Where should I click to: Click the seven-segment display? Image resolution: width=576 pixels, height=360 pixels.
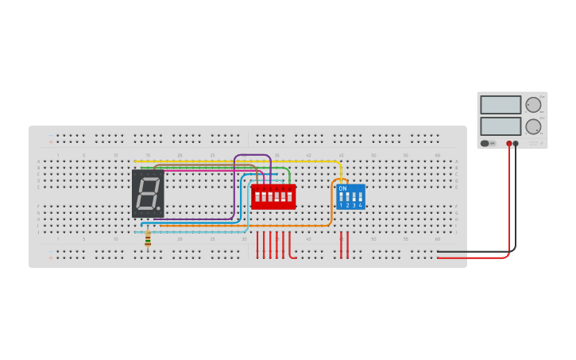[148, 193]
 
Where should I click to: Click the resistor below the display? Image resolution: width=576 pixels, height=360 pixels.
[148, 237]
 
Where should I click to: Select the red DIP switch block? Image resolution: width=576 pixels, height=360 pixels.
[273, 195]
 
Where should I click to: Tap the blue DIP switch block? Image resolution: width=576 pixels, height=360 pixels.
[350, 196]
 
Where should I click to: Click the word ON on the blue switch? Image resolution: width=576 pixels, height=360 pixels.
[342, 188]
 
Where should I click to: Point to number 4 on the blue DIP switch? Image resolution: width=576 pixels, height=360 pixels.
[361, 206]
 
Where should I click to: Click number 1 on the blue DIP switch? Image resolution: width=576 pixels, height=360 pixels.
[341, 206]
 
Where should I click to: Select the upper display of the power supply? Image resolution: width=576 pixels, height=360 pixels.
[501, 105]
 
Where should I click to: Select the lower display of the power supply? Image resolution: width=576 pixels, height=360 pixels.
[501, 126]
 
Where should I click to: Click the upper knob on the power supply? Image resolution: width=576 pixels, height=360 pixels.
[533, 105]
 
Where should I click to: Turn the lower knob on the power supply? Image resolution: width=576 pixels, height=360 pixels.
[533, 126]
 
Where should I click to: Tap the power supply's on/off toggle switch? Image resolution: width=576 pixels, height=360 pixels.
[485, 144]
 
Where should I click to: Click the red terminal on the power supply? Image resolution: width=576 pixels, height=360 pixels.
[509, 144]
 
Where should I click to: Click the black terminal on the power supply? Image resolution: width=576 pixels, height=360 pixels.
[516, 144]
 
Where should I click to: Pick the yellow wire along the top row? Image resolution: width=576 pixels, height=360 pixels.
[238, 161]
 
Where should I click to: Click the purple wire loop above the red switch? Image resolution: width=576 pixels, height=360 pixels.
[253, 156]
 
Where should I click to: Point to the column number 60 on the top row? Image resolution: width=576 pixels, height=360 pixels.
[437, 155]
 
